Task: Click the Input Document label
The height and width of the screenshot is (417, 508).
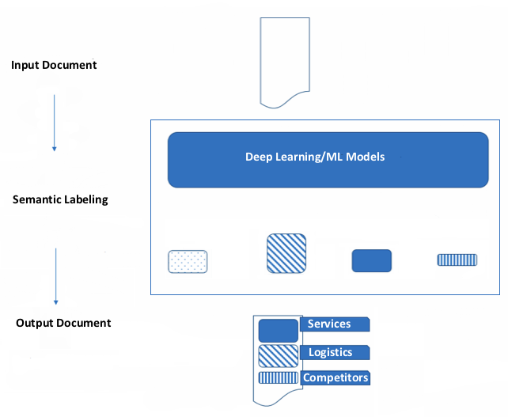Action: coord(54,65)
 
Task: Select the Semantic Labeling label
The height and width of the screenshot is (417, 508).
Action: coord(60,200)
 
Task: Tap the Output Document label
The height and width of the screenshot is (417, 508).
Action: coord(63,323)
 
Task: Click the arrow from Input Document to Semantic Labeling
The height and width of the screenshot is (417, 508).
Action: coord(54,122)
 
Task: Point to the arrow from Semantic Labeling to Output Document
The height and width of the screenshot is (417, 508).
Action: coord(56,276)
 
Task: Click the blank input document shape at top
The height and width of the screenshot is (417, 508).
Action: coord(282,60)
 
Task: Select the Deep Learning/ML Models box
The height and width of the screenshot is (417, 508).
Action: coord(328,159)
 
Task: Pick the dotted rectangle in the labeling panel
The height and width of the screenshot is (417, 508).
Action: coord(188,262)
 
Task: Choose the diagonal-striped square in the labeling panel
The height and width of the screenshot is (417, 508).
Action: coord(286,253)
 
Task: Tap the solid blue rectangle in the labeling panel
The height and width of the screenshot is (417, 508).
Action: coord(371,261)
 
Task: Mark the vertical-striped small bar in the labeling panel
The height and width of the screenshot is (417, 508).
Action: coord(457,260)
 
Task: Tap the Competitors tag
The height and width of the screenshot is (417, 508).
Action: coord(336,377)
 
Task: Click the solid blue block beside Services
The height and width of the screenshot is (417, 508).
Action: coord(278,330)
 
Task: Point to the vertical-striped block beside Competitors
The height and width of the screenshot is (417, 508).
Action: coord(278,377)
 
